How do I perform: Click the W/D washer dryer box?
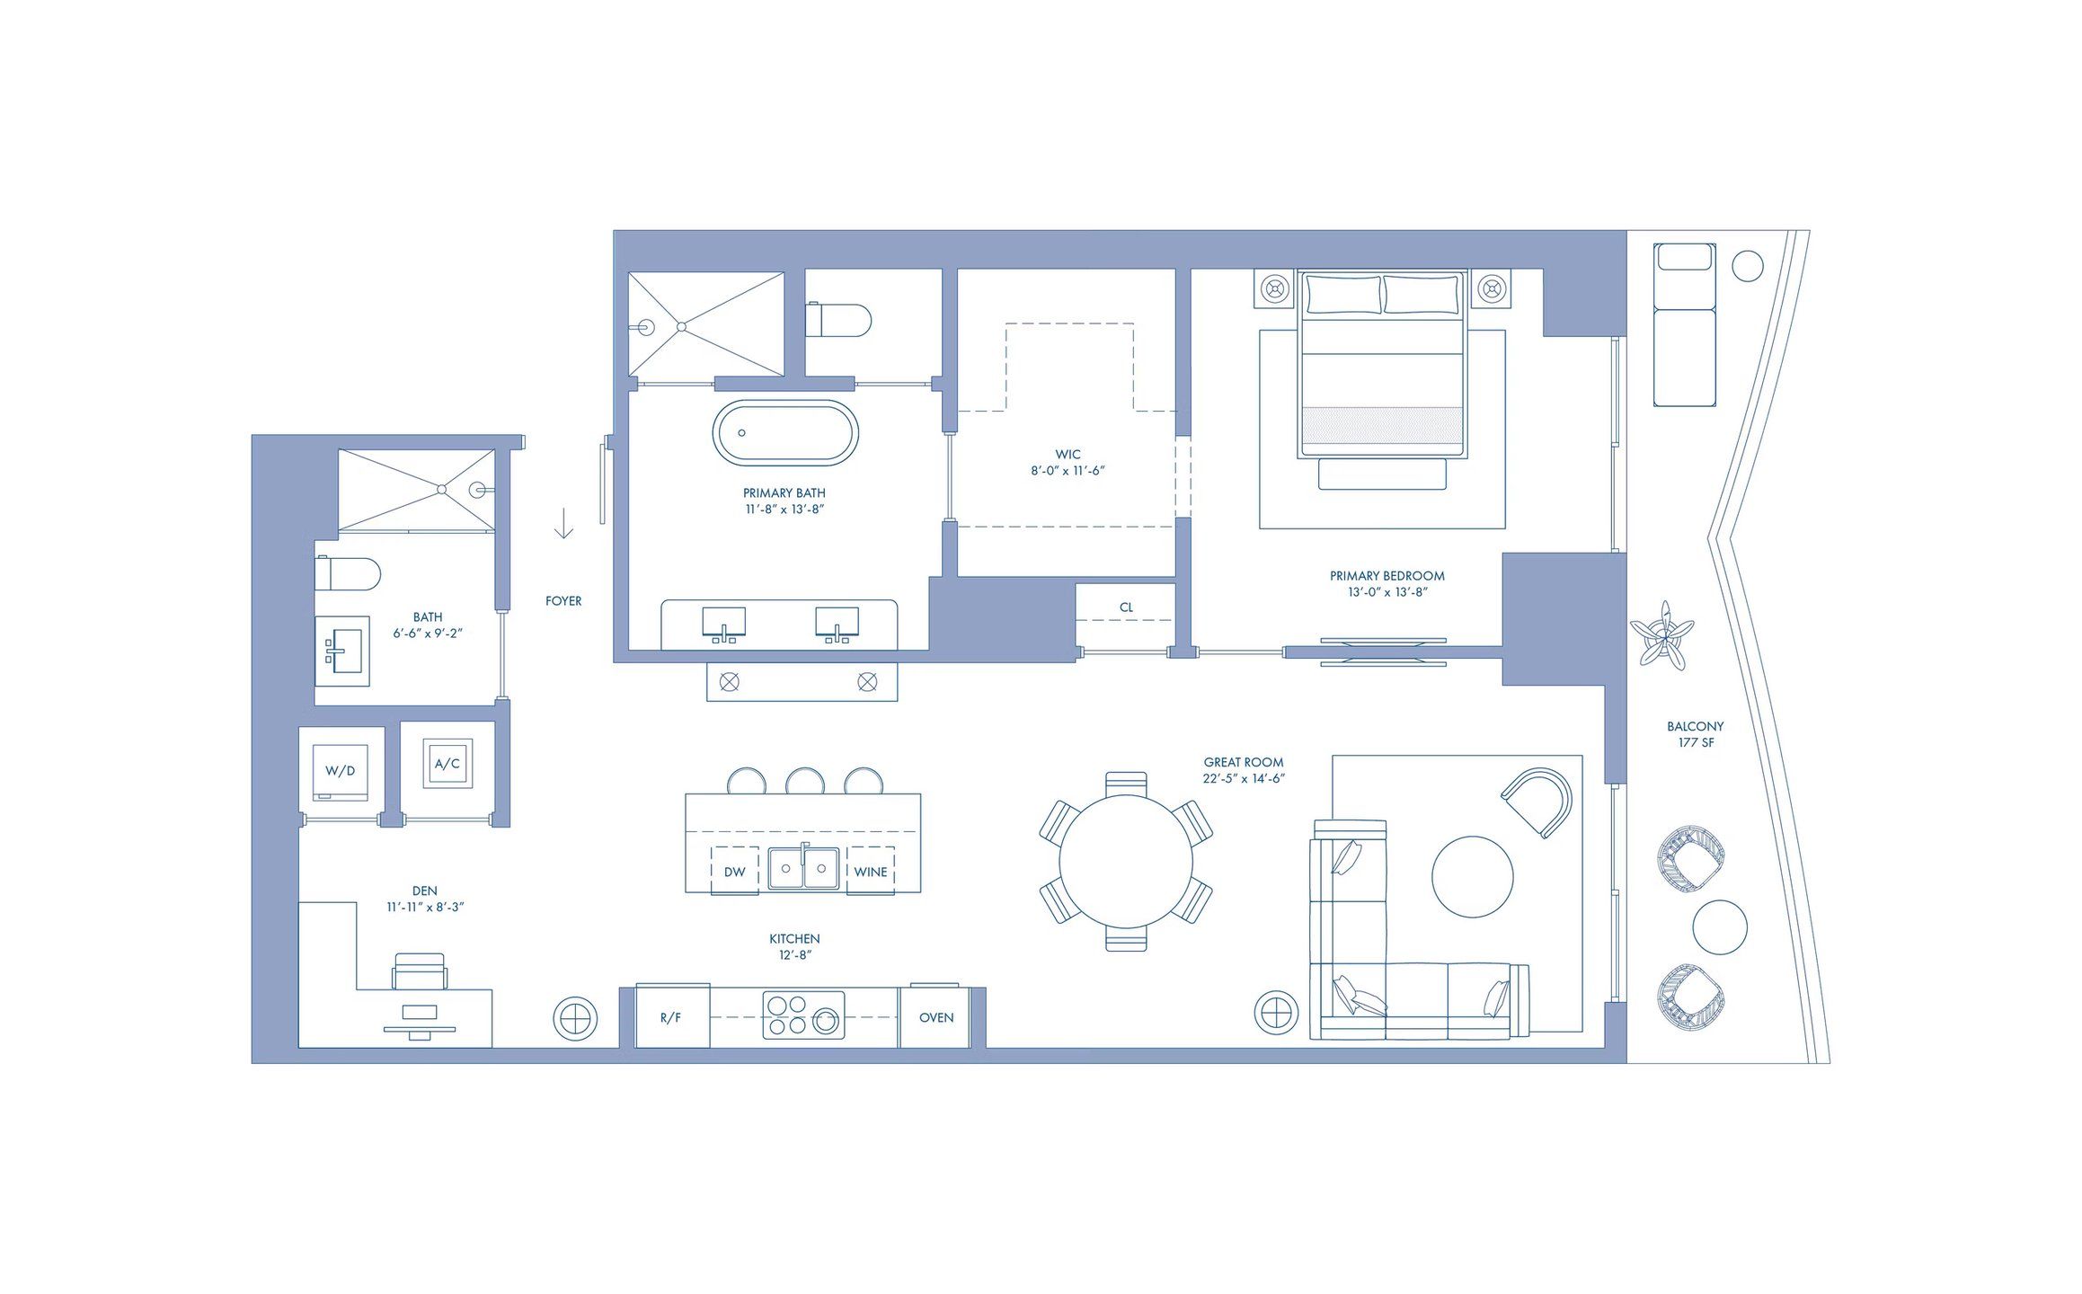[x=340, y=771]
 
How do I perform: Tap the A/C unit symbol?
[x=447, y=764]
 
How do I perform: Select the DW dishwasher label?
[x=734, y=872]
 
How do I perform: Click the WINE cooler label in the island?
[x=870, y=872]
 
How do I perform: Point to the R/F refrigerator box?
[x=671, y=1017]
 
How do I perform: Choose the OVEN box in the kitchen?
[x=935, y=1017]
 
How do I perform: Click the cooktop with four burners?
[x=803, y=1015]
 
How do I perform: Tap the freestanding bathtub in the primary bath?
[x=785, y=433]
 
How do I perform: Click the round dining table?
[x=1126, y=861]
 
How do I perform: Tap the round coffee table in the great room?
[x=1472, y=877]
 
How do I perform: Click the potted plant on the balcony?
[x=1662, y=634]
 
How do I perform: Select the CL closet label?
[x=1126, y=607]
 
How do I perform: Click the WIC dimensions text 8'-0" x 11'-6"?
[x=1068, y=471]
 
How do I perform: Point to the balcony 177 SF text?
[x=1696, y=743]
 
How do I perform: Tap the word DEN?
[x=425, y=891]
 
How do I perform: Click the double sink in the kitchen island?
[x=803, y=868]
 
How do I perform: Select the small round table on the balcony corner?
[x=1747, y=266]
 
